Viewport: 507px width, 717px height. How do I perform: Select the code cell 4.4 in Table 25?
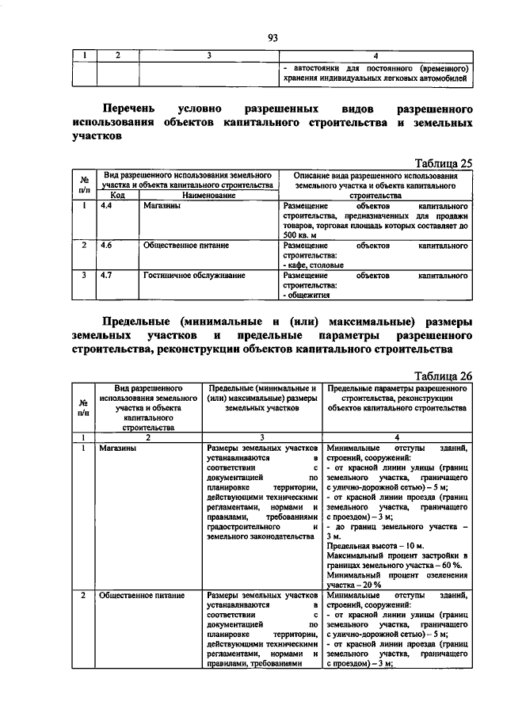click(106, 205)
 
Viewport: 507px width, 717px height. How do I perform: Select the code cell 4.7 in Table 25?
click(106, 276)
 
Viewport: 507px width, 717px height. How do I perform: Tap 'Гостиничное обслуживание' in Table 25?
click(194, 276)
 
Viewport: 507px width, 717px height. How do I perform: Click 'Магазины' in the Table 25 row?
click(162, 205)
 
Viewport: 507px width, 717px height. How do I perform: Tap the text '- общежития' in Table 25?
click(308, 295)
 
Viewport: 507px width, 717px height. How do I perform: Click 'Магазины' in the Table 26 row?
click(116, 448)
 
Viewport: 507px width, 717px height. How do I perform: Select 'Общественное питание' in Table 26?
click(142, 594)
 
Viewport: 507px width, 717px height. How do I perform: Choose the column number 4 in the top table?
click(375, 55)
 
